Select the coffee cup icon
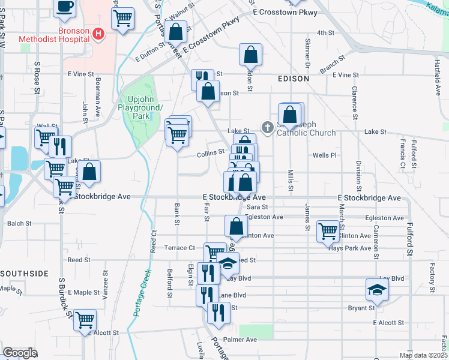pos(65,7)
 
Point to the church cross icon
pos(268,127)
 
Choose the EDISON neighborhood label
pos(294,79)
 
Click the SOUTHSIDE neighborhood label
pos(24,274)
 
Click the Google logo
pos(20,352)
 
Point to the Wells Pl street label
pos(325,155)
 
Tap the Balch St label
pos(19,223)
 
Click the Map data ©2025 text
pos(423,355)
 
